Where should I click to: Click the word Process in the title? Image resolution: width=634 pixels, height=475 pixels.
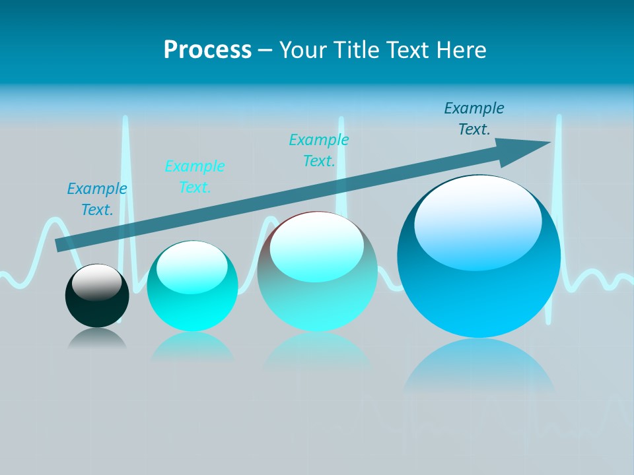click(207, 49)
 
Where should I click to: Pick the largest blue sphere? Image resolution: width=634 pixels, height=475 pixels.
click(479, 264)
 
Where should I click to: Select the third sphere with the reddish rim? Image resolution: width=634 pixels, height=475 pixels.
click(317, 277)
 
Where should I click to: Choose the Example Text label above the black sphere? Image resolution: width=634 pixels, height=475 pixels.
click(97, 199)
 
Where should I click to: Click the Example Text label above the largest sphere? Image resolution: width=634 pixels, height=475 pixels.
click(474, 119)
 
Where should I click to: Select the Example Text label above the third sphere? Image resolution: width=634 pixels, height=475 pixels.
click(319, 150)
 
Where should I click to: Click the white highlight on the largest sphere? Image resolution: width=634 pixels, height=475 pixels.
click(477, 221)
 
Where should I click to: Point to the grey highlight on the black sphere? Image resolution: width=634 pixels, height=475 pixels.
click(96, 282)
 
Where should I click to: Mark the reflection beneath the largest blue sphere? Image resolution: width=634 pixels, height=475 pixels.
click(479, 369)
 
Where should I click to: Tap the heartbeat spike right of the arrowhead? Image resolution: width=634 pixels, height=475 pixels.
click(559, 198)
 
